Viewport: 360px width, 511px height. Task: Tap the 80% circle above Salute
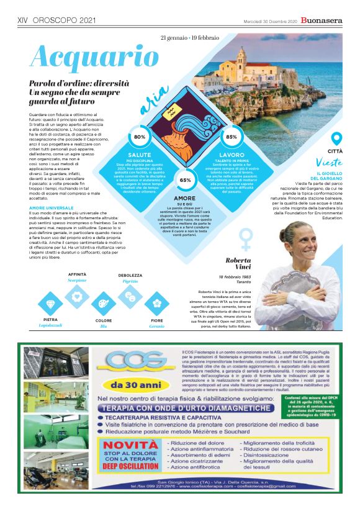(140, 137)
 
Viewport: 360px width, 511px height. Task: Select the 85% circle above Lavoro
(232, 137)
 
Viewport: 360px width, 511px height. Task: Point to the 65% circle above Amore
(185, 179)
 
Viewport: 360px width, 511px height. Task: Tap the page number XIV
(24, 20)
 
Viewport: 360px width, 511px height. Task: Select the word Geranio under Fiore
(157, 325)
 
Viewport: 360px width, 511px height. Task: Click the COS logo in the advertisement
(130, 361)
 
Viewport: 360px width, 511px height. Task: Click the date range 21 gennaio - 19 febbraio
(193, 38)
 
